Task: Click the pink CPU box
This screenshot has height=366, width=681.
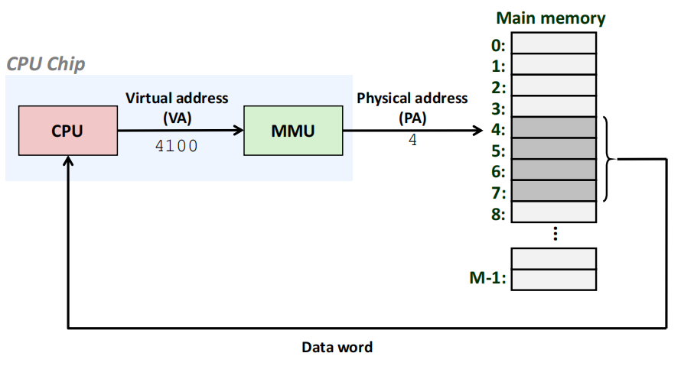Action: pyautogui.click(x=67, y=131)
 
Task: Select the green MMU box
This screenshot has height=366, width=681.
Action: pyautogui.click(x=292, y=131)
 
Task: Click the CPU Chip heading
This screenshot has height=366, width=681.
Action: pyautogui.click(x=46, y=63)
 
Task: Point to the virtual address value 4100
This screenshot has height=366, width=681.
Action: pyautogui.click(x=176, y=145)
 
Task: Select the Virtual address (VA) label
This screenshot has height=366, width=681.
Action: pyautogui.click(x=176, y=106)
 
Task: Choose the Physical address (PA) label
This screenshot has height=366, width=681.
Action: pyautogui.click(x=412, y=107)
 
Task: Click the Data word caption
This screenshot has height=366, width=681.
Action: pyautogui.click(x=337, y=348)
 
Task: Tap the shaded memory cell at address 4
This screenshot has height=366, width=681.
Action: pyautogui.click(x=553, y=127)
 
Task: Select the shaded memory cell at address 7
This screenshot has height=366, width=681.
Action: pyautogui.click(x=553, y=190)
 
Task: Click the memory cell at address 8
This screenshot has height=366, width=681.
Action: pyautogui.click(x=553, y=212)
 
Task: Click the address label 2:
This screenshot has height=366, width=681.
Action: pyautogui.click(x=498, y=86)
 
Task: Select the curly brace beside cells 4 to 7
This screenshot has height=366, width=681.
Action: pyautogui.click(x=608, y=159)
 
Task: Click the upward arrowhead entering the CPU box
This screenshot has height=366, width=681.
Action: pyautogui.click(x=68, y=162)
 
